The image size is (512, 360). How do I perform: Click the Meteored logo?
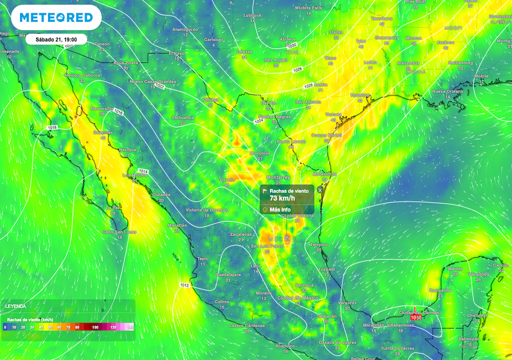pyautogui.click(x=56, y=18)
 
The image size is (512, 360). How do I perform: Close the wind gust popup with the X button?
pyautogui.click(x=320, y=190)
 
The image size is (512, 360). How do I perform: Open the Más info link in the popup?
pyautogui.click(x=280, y=209)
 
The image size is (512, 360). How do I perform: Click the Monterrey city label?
pyautogui.click(x=278, y=177)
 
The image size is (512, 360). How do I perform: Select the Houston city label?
pyautogui.click(x=359, y=94)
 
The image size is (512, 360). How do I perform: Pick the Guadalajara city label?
pyautogui.click(x=228, y=274)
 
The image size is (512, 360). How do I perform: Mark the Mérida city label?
pyautogui.click(x=455, y=268)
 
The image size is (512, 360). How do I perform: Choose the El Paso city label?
pyautogui.click(x=176, y=53)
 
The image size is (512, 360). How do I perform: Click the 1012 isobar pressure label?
pyautogui.click(x=184, y=285)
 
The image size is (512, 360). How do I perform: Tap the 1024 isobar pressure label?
pyautogui.click(x=259, y=121)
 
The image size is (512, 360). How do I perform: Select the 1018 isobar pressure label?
pyautogui.click(x=52, y=128)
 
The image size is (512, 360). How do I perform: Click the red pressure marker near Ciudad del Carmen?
pyautogui.click(x=415, y=317)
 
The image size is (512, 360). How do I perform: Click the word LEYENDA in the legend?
pyautogui.click(x=15, y=305)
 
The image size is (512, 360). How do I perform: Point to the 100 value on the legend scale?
pyautogui.click(x=95, y=327)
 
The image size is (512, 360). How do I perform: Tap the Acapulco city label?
pyautogui.click(x=285, y=346)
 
